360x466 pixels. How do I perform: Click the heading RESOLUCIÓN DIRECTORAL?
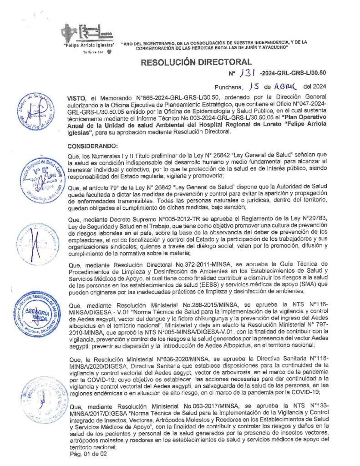pyautogui.click(x=196, y=62)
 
